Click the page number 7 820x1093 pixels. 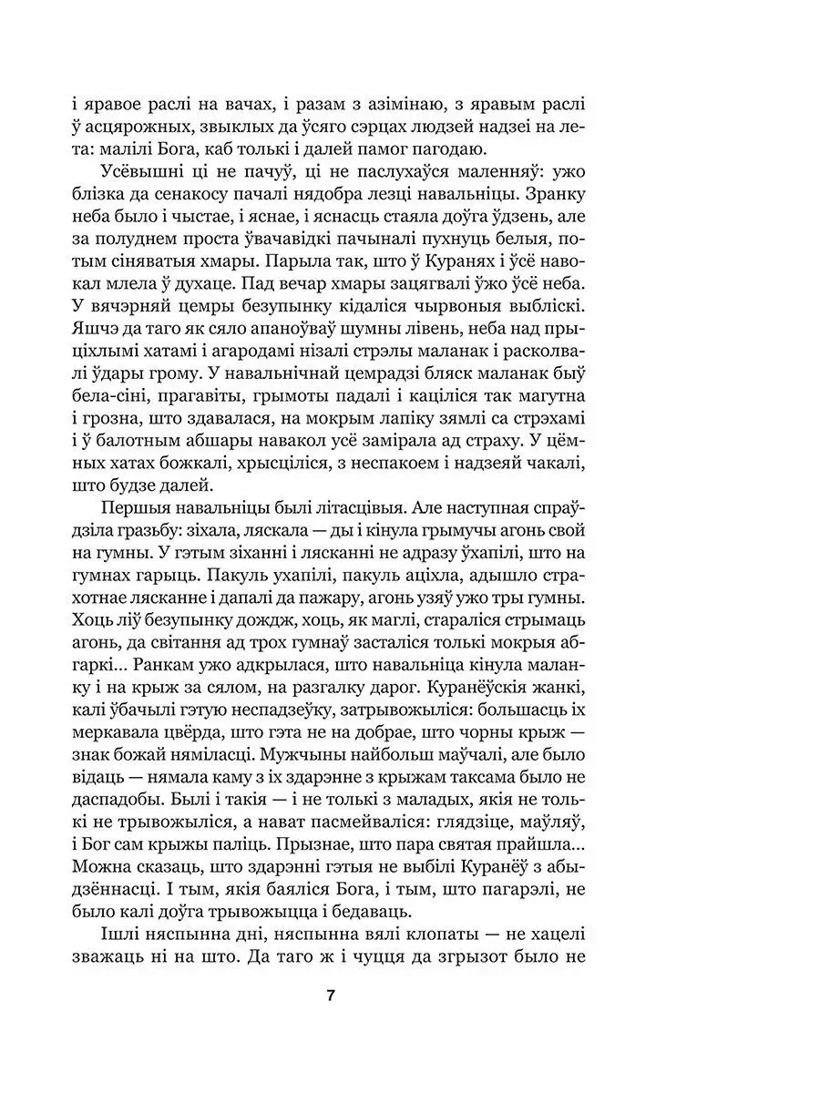[331, 995]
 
